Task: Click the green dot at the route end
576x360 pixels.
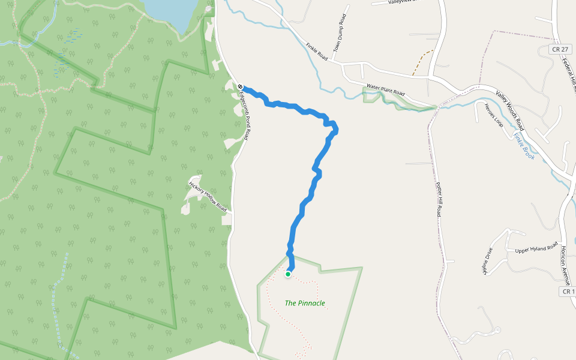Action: pyautogui.click(x=288, y=274)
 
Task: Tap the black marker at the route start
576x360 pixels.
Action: pyautogui.click(x=239, y=87)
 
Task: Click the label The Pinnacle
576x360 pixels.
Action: pyautogui.click(x=305, y=303)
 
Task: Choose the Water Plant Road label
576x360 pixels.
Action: pyautogui.click(x=386, y=91)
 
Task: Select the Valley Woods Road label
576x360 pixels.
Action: pyautogui.click(x=510, y=110)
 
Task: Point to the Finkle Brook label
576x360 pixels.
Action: pyautogui.click(x=524, y=146)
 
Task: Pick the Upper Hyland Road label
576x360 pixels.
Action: pyautogui.click(x=536, y=247)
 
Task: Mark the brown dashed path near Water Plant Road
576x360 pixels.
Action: pyautogui.click(x=422, y=62)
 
